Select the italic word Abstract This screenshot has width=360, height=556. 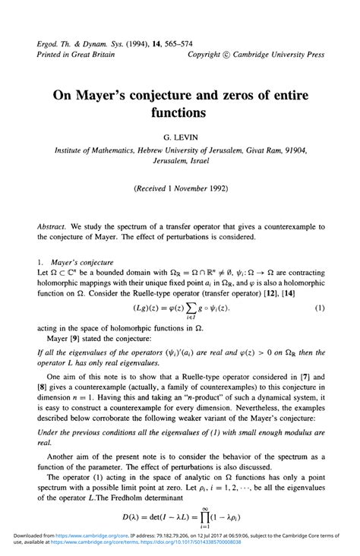coord(53,227)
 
